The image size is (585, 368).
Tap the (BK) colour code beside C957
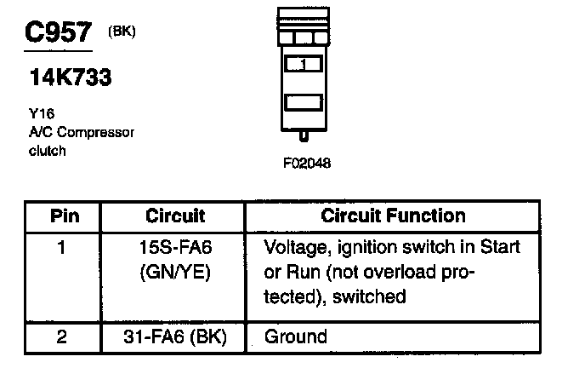tap(122, 32)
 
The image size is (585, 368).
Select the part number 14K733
tap(71, 78)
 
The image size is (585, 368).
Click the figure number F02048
tap(307, 163)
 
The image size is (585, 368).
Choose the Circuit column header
tap(175, 216)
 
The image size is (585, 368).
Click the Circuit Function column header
tap(393, 216)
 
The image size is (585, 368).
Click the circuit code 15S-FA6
tap(175, 248)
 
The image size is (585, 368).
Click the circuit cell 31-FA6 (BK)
tap(175, 336)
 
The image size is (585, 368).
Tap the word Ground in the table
tap(295, 336)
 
